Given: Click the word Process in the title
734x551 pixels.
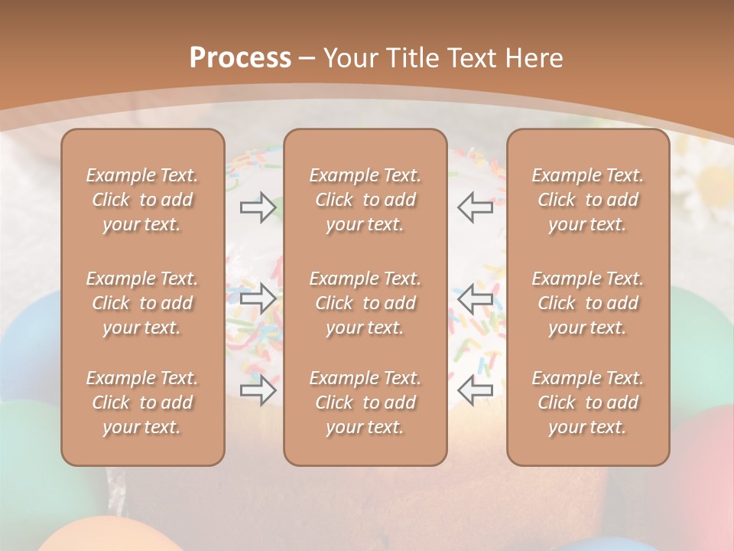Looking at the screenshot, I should pos(240,58).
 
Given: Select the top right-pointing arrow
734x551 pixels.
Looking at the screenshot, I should pos(258,207).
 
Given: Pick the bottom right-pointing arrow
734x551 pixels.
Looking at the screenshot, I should pos(258,390).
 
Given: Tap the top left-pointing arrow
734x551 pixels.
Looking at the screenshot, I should pos(475,207).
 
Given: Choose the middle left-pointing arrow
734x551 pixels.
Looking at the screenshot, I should pos(475,298).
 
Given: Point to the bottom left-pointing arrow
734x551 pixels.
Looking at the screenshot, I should pos(475,390).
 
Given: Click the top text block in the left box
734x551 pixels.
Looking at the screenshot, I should pos(142,200).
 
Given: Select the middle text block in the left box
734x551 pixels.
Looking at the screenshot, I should pos(142,303).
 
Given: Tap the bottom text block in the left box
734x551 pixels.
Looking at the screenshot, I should pos(142,403).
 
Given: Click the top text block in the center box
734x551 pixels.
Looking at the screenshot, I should pos(365,200).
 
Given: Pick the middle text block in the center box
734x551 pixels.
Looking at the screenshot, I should pos(365,303).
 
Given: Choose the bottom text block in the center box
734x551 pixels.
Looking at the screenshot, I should pos(365,403).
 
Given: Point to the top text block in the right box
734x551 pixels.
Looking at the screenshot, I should pos(588,200).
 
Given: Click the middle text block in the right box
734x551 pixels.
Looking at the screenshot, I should pos(588,303).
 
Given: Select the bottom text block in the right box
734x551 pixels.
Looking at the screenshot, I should pos(588,403).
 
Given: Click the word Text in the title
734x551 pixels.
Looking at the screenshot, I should pos(475,58).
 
